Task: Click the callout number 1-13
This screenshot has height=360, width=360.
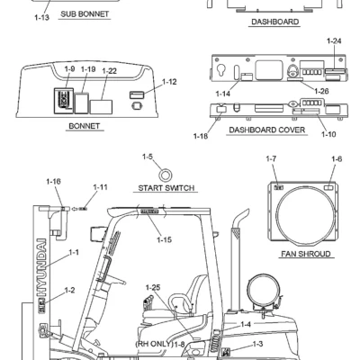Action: point(41,17)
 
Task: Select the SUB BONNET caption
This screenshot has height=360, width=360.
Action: point(85,13)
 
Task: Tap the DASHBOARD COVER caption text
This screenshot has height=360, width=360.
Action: point(267,130)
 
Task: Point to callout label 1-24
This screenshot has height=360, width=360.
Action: point(334,40)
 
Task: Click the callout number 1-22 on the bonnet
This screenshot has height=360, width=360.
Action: point(109,71)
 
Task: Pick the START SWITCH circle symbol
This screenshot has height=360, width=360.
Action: point(165,175)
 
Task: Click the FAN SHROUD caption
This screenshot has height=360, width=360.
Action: point(306,254)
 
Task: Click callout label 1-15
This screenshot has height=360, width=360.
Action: point(165,239)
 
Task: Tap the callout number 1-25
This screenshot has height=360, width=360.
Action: point(153,287)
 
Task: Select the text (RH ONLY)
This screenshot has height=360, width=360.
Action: point(154,344)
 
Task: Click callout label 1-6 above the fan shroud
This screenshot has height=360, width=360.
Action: point(337,159)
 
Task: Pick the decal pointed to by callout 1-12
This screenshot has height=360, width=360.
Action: point(137,94)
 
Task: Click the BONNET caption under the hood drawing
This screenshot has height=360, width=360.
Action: point(85,126)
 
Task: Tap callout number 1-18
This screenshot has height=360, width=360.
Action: point(201,136)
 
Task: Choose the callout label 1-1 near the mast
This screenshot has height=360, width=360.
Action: point(74,253)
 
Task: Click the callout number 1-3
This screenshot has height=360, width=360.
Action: point(258,344)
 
